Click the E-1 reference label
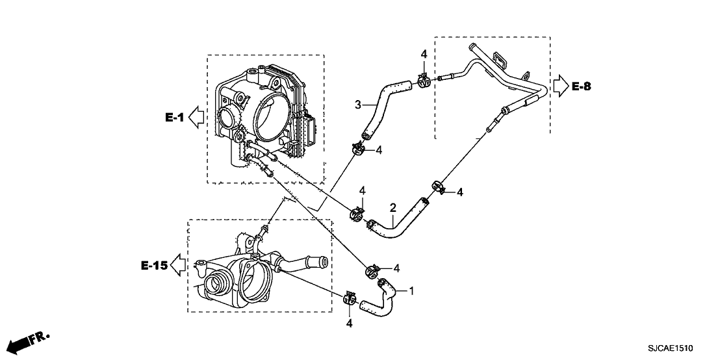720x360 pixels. point(175,117)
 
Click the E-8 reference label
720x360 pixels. point(582,85)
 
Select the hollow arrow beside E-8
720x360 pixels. point(559,85)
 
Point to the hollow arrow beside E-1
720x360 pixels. point(196,117)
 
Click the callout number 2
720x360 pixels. point(392,208)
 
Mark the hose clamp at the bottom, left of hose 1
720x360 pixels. point(350,298)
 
